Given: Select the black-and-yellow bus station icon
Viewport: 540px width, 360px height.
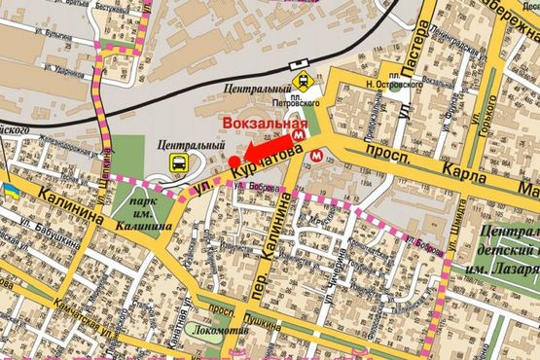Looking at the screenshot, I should [x=180, y=162].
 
